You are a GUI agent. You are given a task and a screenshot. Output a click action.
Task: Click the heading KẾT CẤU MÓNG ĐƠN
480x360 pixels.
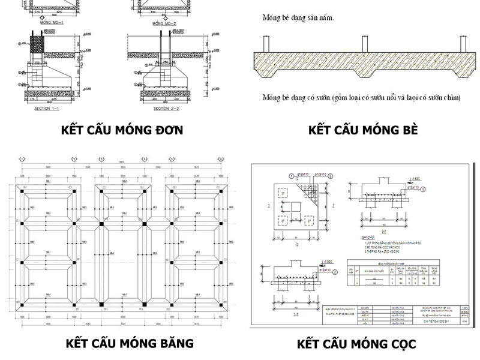[x=122, y=130]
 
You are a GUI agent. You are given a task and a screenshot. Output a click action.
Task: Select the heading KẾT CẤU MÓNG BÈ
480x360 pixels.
[x=362, y=130]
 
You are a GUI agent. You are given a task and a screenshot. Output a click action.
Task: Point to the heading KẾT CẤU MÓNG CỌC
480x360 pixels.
[x=356, y=344]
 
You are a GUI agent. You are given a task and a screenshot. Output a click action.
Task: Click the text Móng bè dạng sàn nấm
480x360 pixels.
[x=298, y=17]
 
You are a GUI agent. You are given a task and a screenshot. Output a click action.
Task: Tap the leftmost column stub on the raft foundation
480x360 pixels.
[x=266, y=44]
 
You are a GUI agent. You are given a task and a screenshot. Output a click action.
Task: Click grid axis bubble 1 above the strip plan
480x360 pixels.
[x=22, y=160]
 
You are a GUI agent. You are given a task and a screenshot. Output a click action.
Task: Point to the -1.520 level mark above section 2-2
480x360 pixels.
[x=415, y=179]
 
